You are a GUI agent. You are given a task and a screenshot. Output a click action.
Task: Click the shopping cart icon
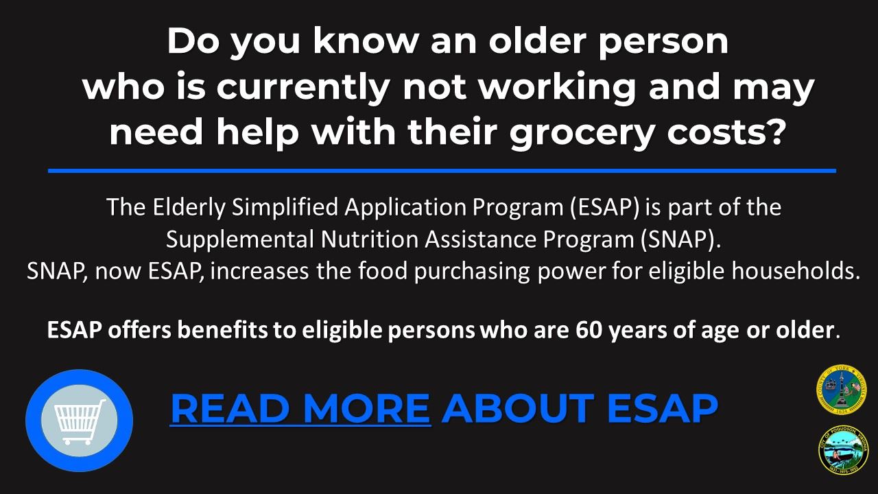coord(79,420)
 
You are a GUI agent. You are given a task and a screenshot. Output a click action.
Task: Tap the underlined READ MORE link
coord(300,408)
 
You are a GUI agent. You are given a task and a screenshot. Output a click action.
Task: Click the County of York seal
coord(842,389)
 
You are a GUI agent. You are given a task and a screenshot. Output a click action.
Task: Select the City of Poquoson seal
coord(843,449)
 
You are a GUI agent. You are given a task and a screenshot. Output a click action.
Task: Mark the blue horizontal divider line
coord(442,170)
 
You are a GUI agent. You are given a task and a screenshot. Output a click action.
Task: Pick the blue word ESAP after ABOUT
coord(662,408)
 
